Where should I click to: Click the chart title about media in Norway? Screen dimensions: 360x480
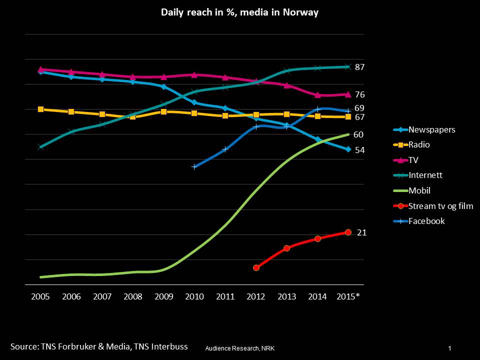(x=239, y=12)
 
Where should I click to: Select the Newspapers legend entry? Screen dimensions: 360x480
(x=431, y=129)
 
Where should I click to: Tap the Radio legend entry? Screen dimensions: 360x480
(x=419, y=145)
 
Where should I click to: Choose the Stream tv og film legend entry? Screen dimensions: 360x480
(x=440, y=205)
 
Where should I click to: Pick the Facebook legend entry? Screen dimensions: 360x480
(x=426, y=221)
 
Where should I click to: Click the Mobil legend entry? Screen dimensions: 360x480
(x=419, y=190)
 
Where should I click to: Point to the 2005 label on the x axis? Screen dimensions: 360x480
(x=40, y=296)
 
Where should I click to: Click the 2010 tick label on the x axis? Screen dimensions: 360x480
(x=194, y=296)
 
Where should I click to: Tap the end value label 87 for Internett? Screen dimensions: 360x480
(x=359, y=67)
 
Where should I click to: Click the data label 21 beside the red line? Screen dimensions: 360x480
(x=361, y=232)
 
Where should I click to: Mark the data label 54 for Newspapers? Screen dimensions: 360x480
(x=359, y=150)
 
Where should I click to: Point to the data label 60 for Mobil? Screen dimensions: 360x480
(x=358, y=134)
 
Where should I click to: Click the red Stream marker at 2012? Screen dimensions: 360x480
(x=256, y=268)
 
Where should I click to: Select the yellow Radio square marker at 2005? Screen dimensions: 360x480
(x=40, y=109)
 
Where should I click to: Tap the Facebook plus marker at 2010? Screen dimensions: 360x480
(x=194, y=166)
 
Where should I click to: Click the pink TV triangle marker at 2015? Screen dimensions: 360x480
(x=348, y=94)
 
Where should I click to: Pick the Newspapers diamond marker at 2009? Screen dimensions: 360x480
(x=163, y=87)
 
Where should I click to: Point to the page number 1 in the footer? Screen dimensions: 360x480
(x=450, y=348)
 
